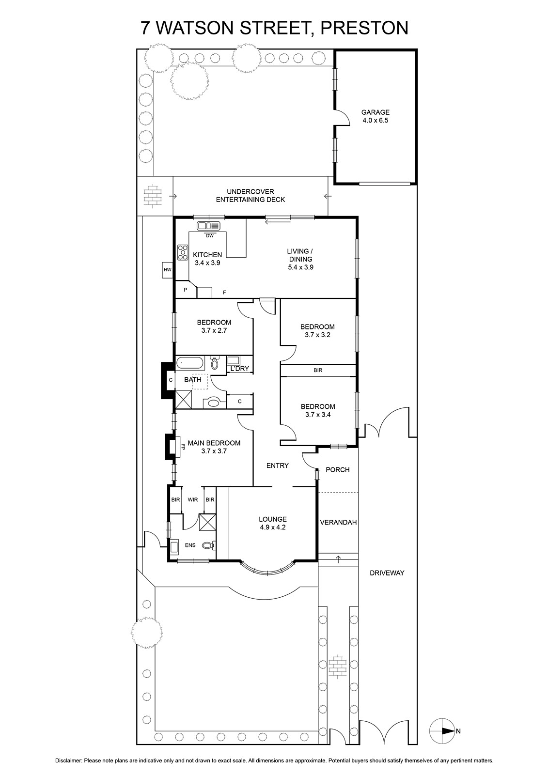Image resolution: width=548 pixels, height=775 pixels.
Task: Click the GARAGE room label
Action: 375,112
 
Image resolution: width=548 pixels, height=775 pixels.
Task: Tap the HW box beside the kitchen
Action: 168,270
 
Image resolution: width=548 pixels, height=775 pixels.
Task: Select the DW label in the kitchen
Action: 210,235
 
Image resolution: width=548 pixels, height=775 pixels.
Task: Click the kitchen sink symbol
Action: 208,226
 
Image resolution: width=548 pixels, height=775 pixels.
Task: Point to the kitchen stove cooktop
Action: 183,252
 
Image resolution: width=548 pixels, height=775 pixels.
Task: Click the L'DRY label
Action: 239,369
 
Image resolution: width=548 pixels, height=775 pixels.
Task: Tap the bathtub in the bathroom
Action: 189,363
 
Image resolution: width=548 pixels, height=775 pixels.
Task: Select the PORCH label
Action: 338,469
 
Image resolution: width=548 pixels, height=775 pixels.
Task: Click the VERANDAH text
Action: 338,522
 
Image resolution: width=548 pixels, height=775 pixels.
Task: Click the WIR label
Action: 193,499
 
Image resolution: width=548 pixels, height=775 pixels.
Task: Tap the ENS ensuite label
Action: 190,545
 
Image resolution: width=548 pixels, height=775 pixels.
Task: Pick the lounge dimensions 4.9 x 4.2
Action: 272,527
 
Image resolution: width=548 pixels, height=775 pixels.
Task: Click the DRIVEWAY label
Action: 387,573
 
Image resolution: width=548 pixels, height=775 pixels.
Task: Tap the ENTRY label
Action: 277,465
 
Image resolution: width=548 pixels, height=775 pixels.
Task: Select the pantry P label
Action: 185,290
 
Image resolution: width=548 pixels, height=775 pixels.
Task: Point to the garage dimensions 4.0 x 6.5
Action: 375,121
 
